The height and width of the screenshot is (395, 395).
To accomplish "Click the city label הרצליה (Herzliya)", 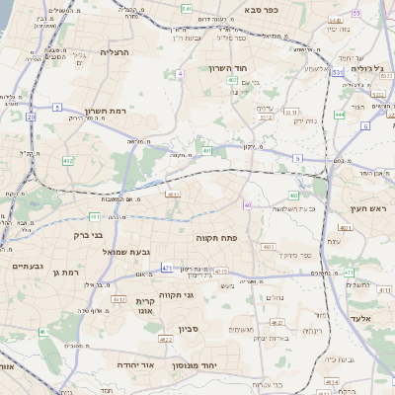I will (116, 51).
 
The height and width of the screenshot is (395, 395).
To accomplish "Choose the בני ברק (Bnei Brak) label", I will (89, 235).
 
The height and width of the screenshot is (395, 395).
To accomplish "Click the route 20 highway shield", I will (31, 117).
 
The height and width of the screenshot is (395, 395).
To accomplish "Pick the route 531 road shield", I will (337, 72).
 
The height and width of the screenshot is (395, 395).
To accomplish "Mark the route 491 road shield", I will (207, 151).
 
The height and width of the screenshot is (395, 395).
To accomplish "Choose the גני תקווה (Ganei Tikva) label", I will (176, 294).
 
